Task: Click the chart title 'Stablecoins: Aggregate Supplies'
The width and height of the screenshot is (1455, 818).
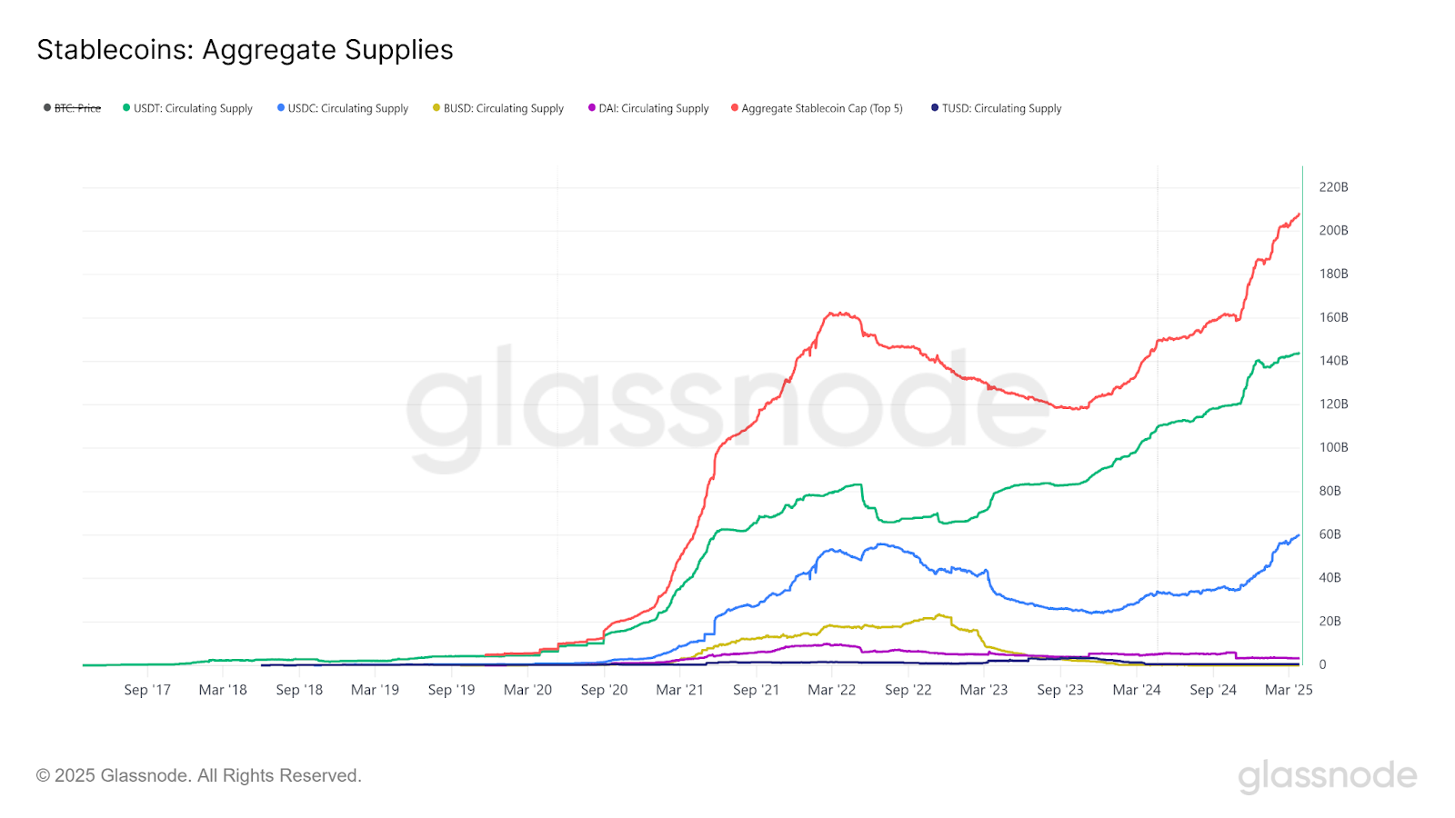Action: point(245,50)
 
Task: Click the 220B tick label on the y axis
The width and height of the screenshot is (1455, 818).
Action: point(1333,187)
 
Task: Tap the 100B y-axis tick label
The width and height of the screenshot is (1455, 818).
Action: point(1333,447)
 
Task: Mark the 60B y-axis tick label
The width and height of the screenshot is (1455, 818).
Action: point(1330,534)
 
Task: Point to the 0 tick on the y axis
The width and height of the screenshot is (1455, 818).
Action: point(1322,664)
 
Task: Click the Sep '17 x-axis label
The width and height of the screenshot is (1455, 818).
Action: point(147,690)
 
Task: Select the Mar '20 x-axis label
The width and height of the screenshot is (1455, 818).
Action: point(527,690)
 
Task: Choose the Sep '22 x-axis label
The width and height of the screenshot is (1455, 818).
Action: point(908,690)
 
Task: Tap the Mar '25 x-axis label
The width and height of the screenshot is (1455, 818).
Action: point(1289,690)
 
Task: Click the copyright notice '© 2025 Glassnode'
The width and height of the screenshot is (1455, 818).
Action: point(199,775)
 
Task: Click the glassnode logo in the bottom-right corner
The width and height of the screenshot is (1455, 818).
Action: point(1327,776)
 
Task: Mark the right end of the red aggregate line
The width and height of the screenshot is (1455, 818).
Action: point(1299,214)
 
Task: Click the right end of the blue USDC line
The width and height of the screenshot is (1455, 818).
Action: point(1299,535)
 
